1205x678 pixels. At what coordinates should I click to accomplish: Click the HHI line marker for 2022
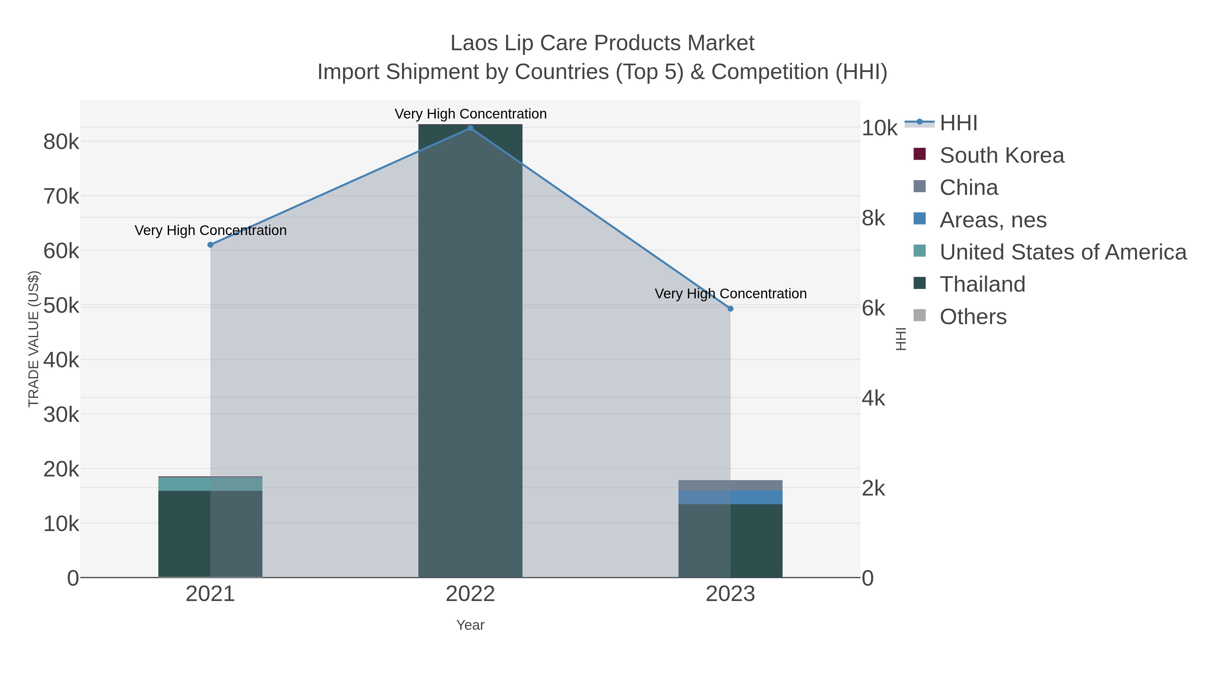pos(470,128)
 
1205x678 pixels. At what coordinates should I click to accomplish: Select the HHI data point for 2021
pos(210,245)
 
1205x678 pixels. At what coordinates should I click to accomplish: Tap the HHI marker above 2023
pos(730,309)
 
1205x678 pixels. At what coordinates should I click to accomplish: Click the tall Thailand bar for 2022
pos(470,351)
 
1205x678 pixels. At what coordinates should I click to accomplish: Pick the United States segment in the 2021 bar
pos(210,484)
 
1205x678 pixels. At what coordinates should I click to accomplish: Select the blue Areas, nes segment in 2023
pos(730,498)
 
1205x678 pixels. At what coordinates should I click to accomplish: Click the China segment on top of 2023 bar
pos(730,485)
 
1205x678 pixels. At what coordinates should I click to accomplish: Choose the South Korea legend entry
pos(1001,155)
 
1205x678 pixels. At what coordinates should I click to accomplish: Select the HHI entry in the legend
pos(958,123)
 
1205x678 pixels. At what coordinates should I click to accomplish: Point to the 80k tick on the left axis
pos(61,142)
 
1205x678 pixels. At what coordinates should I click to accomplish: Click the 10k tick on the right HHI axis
pos(879,128)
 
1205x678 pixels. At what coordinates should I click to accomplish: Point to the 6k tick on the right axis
pos(873,309)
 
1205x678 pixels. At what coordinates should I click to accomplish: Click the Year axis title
pos(470,625)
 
